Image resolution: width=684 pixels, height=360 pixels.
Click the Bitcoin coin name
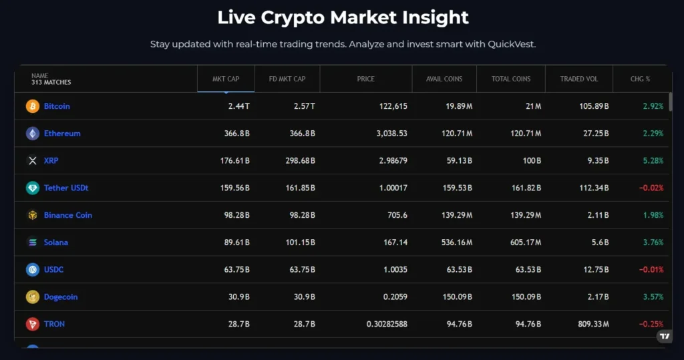57,106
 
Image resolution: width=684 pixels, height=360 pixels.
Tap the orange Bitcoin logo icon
33,106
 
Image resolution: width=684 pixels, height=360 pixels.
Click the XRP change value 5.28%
653,161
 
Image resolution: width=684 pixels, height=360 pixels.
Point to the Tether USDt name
66,188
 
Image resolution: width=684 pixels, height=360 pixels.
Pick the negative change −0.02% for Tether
651,188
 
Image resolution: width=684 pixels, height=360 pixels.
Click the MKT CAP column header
226,79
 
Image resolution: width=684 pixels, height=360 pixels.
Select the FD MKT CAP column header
287,79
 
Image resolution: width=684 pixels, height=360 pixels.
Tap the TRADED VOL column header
579,79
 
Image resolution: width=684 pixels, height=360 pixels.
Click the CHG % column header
640,79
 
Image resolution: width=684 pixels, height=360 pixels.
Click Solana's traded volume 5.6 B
597,242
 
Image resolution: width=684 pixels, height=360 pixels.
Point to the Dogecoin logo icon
33,297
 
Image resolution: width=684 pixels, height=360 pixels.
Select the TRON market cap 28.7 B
236,325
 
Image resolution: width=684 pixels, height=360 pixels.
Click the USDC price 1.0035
393,270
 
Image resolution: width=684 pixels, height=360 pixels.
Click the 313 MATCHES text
51,83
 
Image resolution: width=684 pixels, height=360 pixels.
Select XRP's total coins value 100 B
531,161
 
